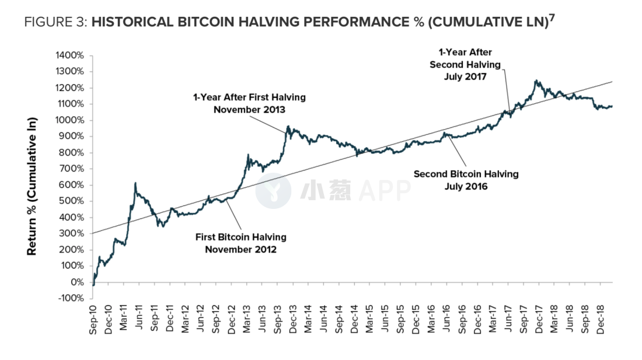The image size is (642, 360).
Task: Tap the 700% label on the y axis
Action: click(x=75, y=169)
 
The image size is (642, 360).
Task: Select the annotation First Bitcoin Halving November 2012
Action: click(x=240, y=243)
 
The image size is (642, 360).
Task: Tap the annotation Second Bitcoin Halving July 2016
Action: click(x=466, y=180)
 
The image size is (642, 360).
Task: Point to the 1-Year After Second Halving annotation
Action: click(x=466, y=64)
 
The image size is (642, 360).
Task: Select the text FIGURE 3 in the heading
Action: click(x=57, y=22)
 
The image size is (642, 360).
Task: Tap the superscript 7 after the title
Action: click(x=552, y=18)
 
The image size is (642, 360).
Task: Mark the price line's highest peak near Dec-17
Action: click(x=536, y=81)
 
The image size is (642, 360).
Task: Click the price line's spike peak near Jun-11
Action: click(x=135, y=183)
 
